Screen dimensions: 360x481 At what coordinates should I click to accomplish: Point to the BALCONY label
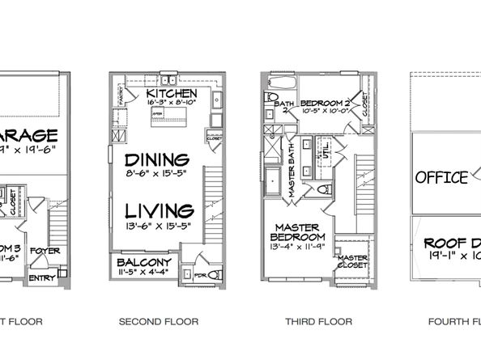143,264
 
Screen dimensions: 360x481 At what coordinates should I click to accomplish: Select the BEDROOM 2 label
324,104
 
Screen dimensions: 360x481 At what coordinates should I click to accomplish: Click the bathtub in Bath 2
280,83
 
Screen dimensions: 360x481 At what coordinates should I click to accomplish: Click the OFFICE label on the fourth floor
441,178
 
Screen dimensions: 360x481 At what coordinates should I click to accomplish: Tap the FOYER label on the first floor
42,251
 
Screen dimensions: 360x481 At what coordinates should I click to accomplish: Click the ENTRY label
38,278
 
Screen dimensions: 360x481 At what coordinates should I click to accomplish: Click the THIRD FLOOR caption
318,322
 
